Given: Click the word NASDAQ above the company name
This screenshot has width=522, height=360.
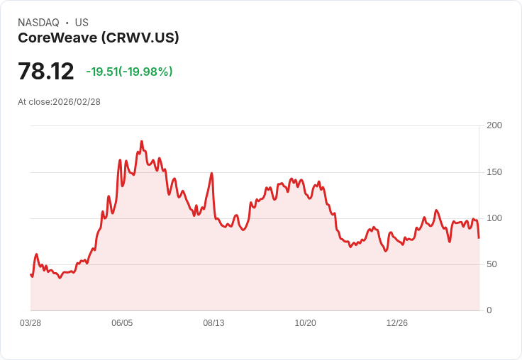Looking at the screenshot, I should tap(38, 23).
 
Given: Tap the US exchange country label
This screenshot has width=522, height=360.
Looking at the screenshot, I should tap(82, 23).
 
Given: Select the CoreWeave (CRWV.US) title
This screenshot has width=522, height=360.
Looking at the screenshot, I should tap(98, 38).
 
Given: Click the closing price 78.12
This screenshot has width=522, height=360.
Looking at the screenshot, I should tap(46, 72).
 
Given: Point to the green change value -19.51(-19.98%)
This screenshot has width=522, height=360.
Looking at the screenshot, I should tap(129, 72).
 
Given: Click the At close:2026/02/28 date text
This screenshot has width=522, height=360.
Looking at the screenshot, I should tap(59, 102).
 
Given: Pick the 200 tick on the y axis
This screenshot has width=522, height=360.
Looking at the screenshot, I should tap(494, 125).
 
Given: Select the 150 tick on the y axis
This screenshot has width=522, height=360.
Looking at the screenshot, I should tap(494, 172).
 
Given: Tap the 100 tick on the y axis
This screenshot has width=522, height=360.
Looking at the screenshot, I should tap(494, 218).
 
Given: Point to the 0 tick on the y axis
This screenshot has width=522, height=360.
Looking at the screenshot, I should tap(489, 310).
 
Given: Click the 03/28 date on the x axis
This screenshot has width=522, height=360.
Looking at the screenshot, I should tap(30, 323).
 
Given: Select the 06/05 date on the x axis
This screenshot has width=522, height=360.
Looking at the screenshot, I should tap(122, 323).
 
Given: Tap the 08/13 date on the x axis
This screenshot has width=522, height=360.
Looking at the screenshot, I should tap(213, 323).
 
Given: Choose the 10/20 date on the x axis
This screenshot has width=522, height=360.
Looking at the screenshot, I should tap(305, 323).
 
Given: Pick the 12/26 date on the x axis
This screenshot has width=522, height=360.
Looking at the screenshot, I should tap(397, 323).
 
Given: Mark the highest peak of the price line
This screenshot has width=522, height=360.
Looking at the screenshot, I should tap(141, 141).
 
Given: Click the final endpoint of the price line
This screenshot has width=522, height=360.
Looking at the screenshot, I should tap(479, 237).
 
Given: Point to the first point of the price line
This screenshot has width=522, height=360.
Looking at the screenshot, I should tap(30, 274).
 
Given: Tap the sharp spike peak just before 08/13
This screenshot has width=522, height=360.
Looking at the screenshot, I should tap(211, 173).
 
